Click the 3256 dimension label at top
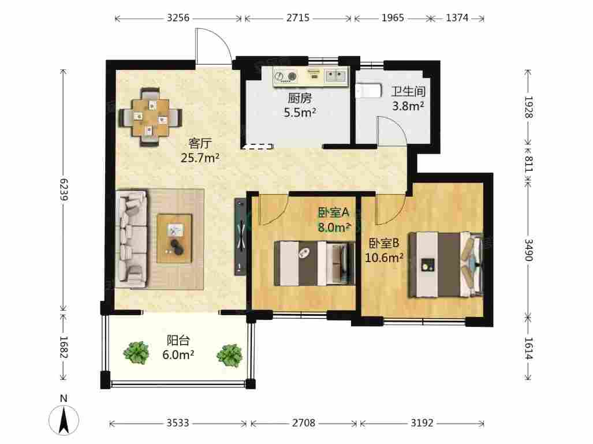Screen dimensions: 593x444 (x=178, y=18)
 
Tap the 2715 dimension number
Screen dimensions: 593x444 (x=297, y=18)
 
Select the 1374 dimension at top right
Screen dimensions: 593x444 (x=457, y=18)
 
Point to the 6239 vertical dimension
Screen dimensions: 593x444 (x=64, y=189)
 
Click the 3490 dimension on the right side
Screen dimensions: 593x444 (x=528, y=250)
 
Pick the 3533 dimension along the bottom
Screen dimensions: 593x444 (x=178, y=423)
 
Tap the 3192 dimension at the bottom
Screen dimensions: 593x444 (x=422, y=423)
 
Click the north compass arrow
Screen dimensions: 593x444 (x=64, y=419)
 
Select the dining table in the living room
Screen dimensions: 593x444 (x=151, y=117)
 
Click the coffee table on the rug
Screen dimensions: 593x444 (x=174, y=238)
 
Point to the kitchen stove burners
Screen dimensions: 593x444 (x=286, y=76)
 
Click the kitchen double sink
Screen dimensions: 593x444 (x=336, y=75)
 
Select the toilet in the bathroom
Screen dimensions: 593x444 (x=368, y=91)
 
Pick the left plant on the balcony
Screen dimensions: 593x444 (x=136, y=352)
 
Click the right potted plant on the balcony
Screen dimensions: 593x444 (x=230, y=355)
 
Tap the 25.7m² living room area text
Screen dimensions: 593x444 (x=200, y=158)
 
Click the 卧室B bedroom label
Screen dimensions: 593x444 (x=384, y=243)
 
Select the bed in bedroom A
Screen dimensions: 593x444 (x=314, y=263)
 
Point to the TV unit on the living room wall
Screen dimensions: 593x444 (x=240, y=237)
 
